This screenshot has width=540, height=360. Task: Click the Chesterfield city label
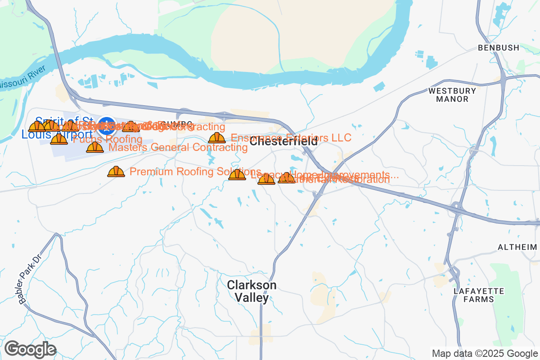point(283,142)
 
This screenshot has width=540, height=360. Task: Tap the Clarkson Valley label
point(252,291)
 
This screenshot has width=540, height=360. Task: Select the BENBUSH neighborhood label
point(499,47)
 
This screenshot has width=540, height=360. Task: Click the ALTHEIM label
point(517,247)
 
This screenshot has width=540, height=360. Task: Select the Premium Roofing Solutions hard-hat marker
point(116,171)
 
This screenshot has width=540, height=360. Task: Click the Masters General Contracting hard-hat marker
point(94,147)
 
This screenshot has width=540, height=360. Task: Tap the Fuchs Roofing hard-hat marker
point(59,139)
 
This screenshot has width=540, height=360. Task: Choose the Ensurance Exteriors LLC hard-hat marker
point(217,138)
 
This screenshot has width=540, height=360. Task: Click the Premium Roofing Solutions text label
point(195,171)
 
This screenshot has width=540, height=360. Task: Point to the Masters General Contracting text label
point(178,147)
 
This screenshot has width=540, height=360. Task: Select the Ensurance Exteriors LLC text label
point(291,137)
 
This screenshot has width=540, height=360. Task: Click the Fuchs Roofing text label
point(108,139)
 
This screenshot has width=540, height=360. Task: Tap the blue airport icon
point(107,126)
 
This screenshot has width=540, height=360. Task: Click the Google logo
point(30,349)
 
